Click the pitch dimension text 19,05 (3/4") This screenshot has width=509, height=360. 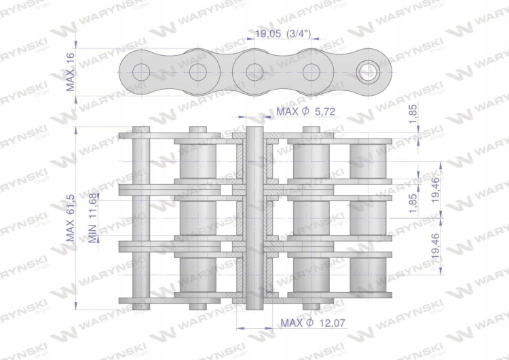[x=283, y=33]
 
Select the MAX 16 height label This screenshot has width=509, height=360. [x=71, y=72]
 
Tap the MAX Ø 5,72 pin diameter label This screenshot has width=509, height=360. [x=305, y=111]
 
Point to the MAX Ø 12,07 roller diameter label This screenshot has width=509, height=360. [x=313, y=323]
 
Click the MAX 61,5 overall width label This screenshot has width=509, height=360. [x=71, y=218]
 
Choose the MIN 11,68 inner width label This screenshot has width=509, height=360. [x=92, y=218]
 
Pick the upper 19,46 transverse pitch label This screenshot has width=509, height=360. [x=436, y=190]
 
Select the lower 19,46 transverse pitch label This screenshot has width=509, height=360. [x=436, y=246]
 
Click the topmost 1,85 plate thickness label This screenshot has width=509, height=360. [x=413, y=113]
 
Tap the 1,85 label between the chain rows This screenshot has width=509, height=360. [x=413, y=203]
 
